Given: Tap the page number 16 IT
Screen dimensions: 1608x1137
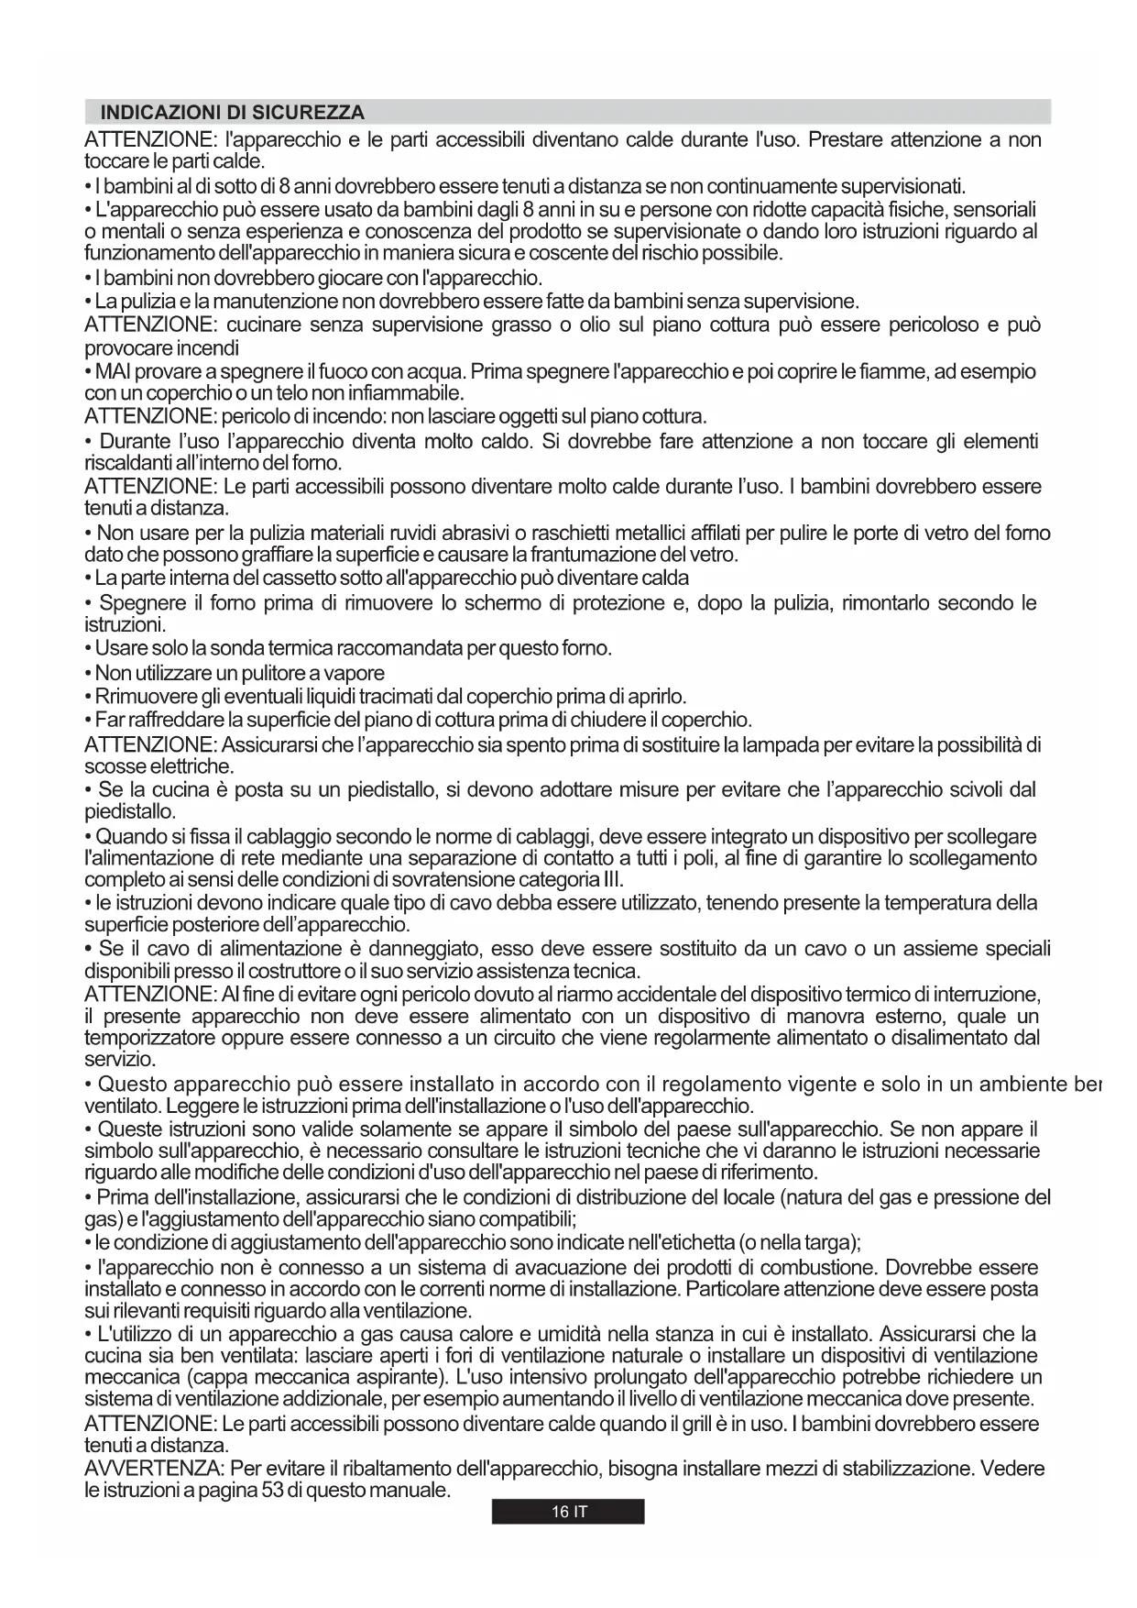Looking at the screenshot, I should (568, 1512).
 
